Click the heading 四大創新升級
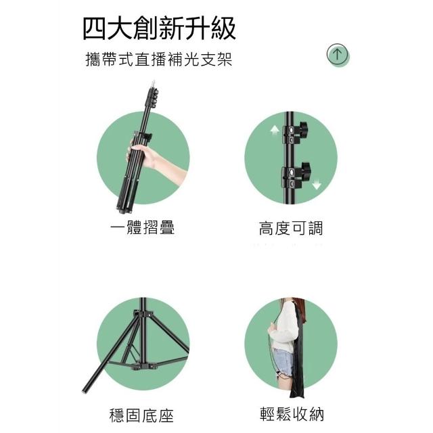tap(159, 28)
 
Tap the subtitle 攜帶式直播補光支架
tap(159, 59)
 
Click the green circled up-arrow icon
tap(338, 54)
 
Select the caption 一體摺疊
tap(142, 228)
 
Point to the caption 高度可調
tap(290, 228)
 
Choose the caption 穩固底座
tap(141, 415)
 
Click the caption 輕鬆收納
tap(292, 413)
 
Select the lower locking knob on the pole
tap(306, 169)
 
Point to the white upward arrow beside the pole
tap(275, 130)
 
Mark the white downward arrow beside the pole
tap(317, 184)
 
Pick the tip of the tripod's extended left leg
tap(84, 391)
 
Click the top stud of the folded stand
tap(153, 83)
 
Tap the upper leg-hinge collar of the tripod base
tap(143, 315)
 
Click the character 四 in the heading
tap(94, 28)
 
